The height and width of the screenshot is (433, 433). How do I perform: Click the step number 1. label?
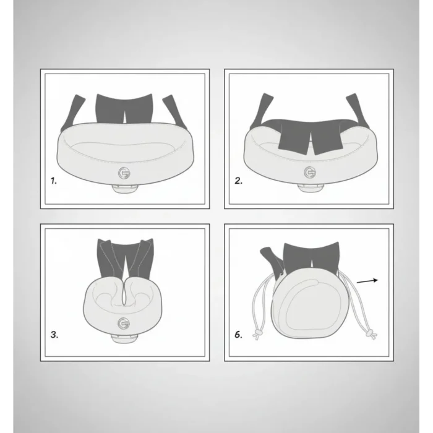54,181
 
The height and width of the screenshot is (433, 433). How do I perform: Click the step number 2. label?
238,181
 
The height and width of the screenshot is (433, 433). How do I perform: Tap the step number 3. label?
54,335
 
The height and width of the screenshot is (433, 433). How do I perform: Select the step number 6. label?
238,335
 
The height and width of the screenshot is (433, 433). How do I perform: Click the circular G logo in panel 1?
124,173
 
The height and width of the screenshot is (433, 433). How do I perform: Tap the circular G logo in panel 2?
310,173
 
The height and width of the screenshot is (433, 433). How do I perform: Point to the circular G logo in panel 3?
124,324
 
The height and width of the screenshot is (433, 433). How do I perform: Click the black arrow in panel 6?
367,281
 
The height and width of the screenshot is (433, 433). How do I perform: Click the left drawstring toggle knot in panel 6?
258,333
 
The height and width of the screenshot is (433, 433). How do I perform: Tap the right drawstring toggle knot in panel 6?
371,333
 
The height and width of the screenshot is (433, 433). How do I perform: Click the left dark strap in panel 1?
72,113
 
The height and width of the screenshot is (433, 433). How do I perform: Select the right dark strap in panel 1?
174,112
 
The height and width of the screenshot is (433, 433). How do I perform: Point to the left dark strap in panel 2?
261,111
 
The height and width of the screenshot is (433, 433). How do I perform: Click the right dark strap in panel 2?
358,111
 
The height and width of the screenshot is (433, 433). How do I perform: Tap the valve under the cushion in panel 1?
124,189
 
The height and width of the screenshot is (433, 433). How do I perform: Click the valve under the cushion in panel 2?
311,187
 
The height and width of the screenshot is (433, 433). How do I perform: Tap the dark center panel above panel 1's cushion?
124,108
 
